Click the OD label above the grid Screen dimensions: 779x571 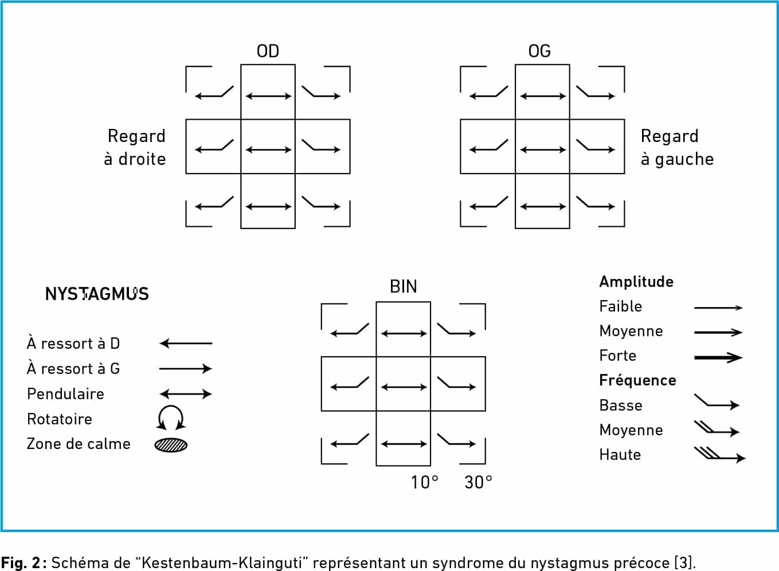(x=268, y=51)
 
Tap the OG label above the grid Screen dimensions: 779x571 (x=539, y=51)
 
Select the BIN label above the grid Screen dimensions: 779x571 (x=403, y=286)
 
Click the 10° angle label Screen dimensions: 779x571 (x=424, y=482)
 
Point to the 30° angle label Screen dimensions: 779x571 (x=478, y=482)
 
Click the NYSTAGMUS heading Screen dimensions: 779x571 (x=97, y=294)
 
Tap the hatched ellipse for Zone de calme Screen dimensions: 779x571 (x=171, y=445)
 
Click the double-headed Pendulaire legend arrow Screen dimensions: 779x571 (x=186, y=394)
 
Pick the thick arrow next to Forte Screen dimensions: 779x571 (x=718, y=357)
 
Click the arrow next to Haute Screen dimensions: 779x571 (x=720, y=455)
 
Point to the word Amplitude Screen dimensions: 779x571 (x=636, y=282)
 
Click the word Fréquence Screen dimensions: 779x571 (x=638, y=380)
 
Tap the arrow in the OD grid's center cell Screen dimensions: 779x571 (x=268, y=150)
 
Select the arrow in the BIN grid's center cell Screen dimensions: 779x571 (x=404, y=387)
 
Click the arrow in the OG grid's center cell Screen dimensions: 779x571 (x=543, y=150)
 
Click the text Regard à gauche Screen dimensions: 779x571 (x=677, y=147)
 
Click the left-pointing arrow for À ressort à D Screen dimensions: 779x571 (x=186, y=344)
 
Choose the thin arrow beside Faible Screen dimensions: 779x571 (x=718, y=308)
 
